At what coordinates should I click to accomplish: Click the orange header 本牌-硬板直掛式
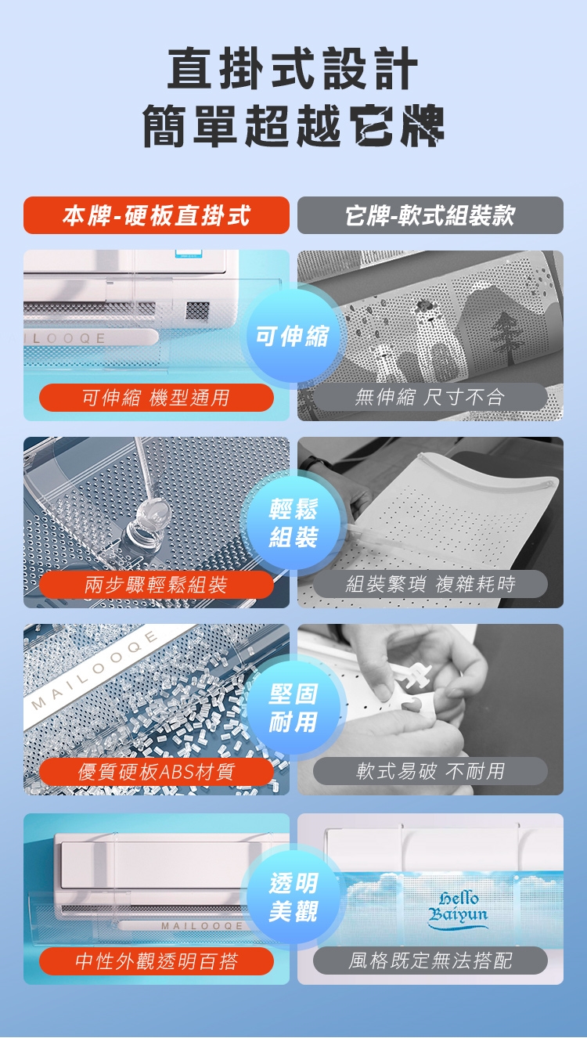(156, 215)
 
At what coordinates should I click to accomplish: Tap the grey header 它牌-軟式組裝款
(430, 215)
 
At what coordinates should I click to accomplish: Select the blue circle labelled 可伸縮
(293, 336)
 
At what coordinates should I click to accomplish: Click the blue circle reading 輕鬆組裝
(293, 523)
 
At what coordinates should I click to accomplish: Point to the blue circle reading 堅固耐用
(293, 708)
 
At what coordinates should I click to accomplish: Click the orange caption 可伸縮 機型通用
(156, 398)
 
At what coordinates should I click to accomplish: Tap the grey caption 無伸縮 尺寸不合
(430, 397)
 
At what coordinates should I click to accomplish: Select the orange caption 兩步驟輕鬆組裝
(156, 585)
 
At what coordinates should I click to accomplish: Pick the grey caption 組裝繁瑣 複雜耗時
(430, 584)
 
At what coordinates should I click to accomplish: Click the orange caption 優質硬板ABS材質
(156, 772)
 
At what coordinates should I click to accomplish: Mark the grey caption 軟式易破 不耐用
(430, 771)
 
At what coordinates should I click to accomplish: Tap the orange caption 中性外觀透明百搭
(156, 961)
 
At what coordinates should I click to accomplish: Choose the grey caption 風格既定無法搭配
(430, 961)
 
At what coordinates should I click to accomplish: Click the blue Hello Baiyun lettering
(458, 909)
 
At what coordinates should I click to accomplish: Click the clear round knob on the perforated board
(153, 514)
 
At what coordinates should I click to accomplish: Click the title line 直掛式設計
(293, 68)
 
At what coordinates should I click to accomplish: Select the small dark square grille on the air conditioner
(198, 311)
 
